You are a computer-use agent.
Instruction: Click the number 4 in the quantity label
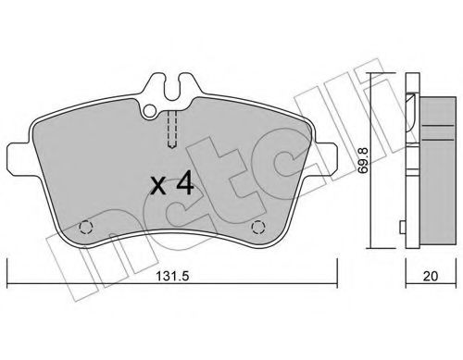click(x=184, y=183)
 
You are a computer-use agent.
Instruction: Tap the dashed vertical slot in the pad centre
click(x=170, y=129)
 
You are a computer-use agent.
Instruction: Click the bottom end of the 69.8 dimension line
click(x=372, y=249)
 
